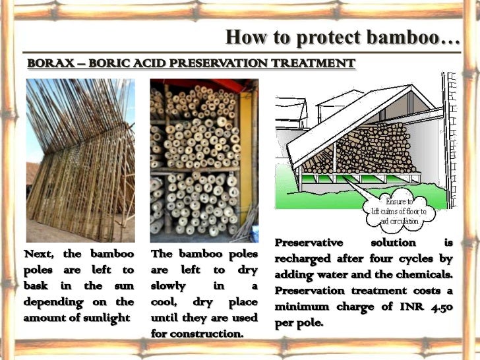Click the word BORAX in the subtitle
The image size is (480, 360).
click(45, 63)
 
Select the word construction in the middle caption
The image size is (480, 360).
click(207, 333)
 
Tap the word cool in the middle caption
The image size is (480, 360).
click(165, 301)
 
